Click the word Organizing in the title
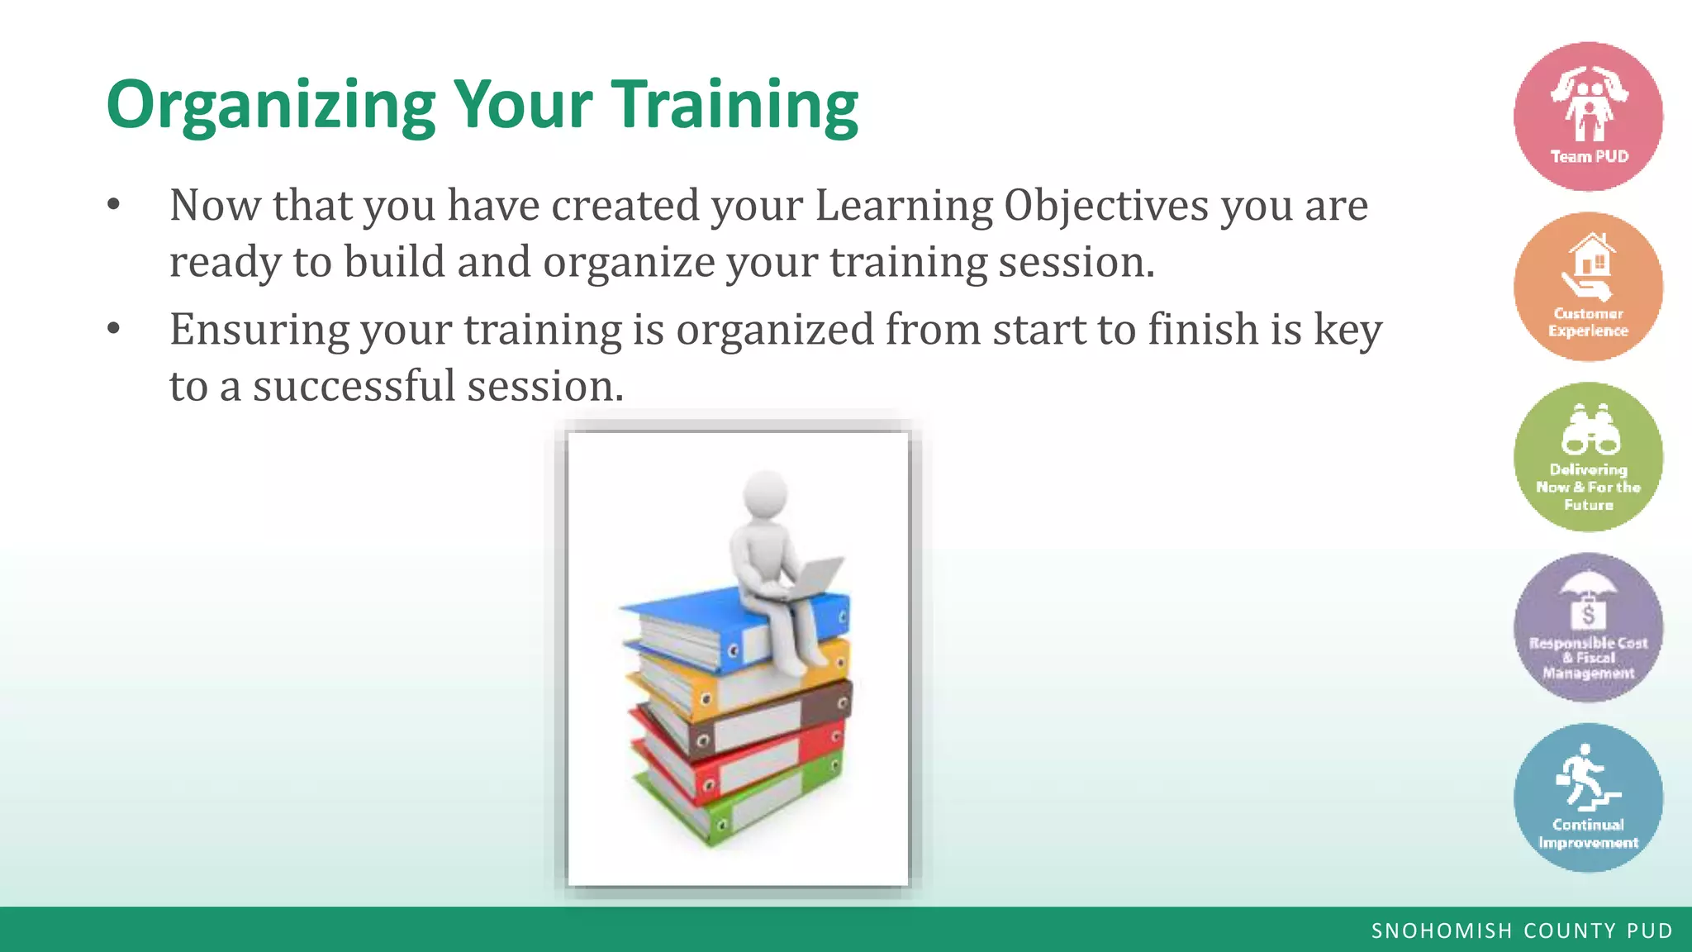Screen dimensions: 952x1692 (270, 106)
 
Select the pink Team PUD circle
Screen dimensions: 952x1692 (1588, 117)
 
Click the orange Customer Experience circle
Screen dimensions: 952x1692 (1588, 287)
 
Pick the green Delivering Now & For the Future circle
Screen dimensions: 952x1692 (1588, 457)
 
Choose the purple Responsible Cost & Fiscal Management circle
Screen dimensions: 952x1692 (1588, 627)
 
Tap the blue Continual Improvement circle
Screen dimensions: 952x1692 (1588, 797)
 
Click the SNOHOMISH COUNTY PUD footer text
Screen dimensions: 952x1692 (1522, 931)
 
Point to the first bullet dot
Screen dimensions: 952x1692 (114, 204)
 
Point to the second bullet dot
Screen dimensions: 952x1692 (114, 329)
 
